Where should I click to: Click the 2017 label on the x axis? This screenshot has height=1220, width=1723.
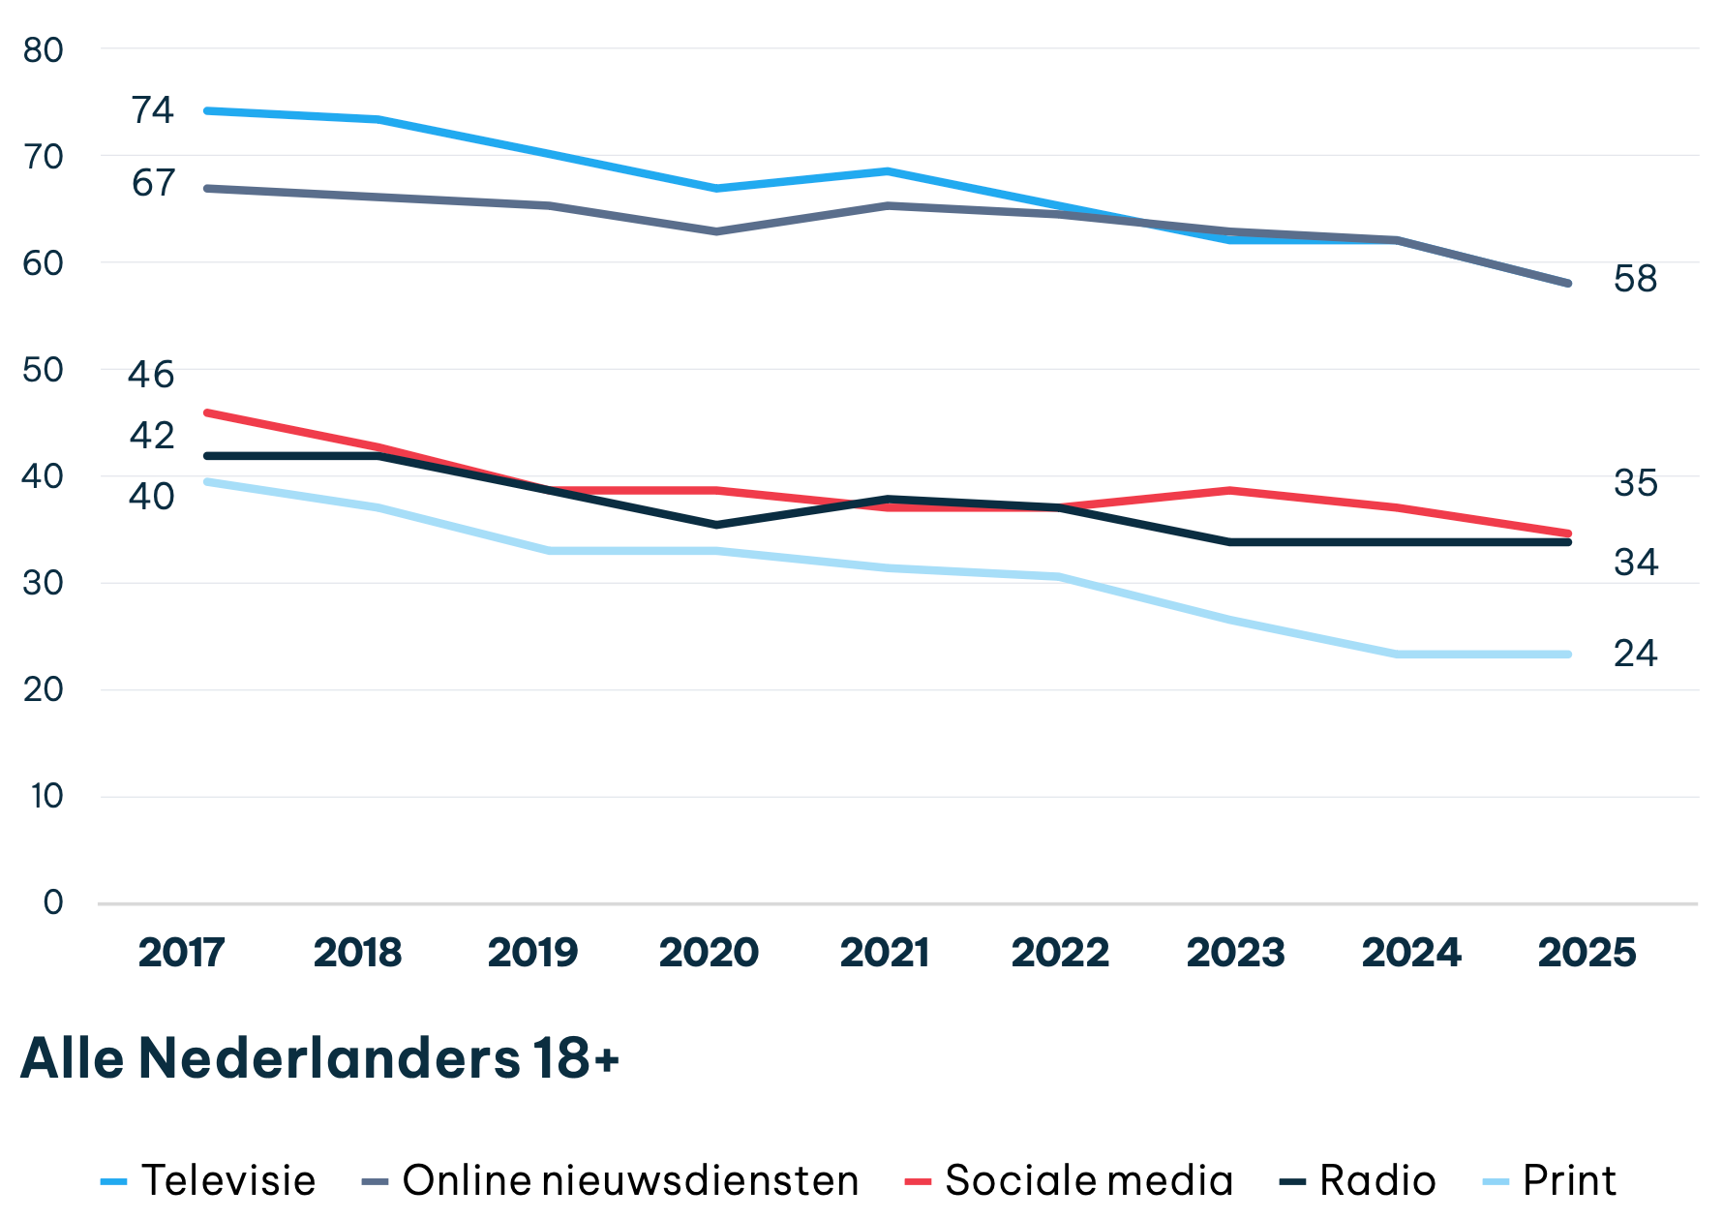181,953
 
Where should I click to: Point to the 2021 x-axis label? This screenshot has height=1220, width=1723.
884,953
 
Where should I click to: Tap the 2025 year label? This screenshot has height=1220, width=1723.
1587,953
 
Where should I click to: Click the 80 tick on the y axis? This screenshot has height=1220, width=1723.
44,50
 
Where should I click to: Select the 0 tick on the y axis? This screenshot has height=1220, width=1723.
53,902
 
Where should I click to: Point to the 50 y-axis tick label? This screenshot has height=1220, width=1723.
44,370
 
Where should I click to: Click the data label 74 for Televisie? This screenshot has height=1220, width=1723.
153,110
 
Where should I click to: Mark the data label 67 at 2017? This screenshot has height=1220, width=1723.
153,183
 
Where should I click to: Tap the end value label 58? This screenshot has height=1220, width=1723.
1635,279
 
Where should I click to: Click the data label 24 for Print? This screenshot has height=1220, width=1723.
1635,654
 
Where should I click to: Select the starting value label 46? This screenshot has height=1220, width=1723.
151,375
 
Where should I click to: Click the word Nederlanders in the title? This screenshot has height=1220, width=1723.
329,1057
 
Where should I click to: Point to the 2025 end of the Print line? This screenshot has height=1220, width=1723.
1568,655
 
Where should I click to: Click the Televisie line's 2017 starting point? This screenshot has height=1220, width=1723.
207,110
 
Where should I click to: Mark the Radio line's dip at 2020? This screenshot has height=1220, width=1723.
715,525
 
